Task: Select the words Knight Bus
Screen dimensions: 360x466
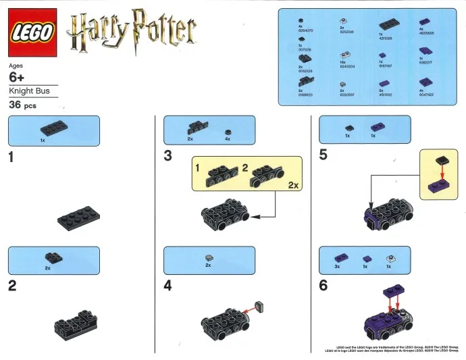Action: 24,91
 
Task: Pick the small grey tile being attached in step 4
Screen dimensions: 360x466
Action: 259,305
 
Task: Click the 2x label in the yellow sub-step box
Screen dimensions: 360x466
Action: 293,184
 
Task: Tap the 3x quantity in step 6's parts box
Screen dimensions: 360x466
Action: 338,267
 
